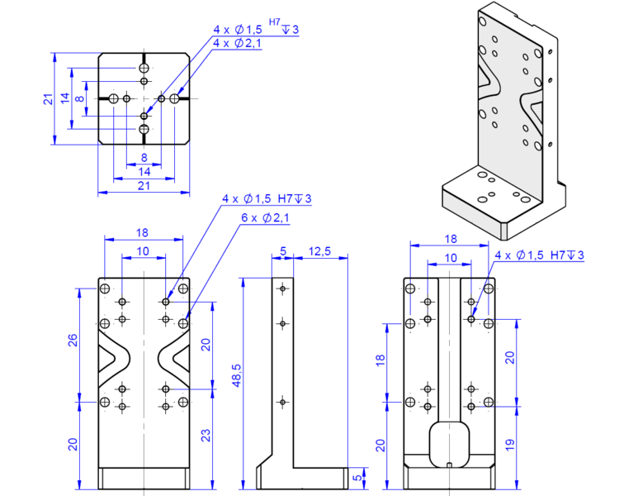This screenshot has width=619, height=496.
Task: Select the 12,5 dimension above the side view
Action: tap(321, 250)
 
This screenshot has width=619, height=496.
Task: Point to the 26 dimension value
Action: tap(73, 341)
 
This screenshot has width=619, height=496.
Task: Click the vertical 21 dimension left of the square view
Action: tap(49, 99)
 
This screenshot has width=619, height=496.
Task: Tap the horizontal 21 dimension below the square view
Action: tap(144, 186)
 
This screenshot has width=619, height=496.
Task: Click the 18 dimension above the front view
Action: tap(142, 234)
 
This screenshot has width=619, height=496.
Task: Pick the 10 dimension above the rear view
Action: tap(450, 258)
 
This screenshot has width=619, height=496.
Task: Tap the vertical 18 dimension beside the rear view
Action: tap(380, 360)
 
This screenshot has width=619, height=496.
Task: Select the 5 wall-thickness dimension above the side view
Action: tap(282, 250)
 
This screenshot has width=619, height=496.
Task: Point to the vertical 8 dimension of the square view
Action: tap(79, 99)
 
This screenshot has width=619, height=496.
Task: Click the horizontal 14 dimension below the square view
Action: tap(144, 171)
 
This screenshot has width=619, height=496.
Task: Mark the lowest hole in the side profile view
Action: tap(282, 402)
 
